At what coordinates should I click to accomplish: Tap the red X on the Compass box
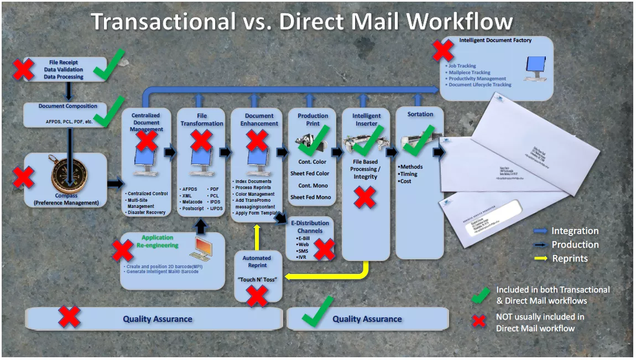pyautogui.click(x=23, y=178)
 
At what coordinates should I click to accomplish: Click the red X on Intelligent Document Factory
pyautogui.click(x=443, y=50)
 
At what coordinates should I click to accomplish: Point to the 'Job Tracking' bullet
pyautogui.click(x=462, y=66)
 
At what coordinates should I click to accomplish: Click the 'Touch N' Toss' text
pyautogui.click(x=257, y=279)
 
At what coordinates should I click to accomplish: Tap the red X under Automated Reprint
pyautogui.click(x=257, y=296)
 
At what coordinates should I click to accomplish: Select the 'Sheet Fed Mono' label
pyautogui.click(x=311, y=197)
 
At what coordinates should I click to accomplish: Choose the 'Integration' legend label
pyautogui.click(x=575, y=231)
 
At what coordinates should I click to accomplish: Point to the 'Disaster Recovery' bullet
pyautogui.click(x=147, y=212)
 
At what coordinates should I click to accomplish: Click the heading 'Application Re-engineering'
pyautogui.click(x=157, y=241)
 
